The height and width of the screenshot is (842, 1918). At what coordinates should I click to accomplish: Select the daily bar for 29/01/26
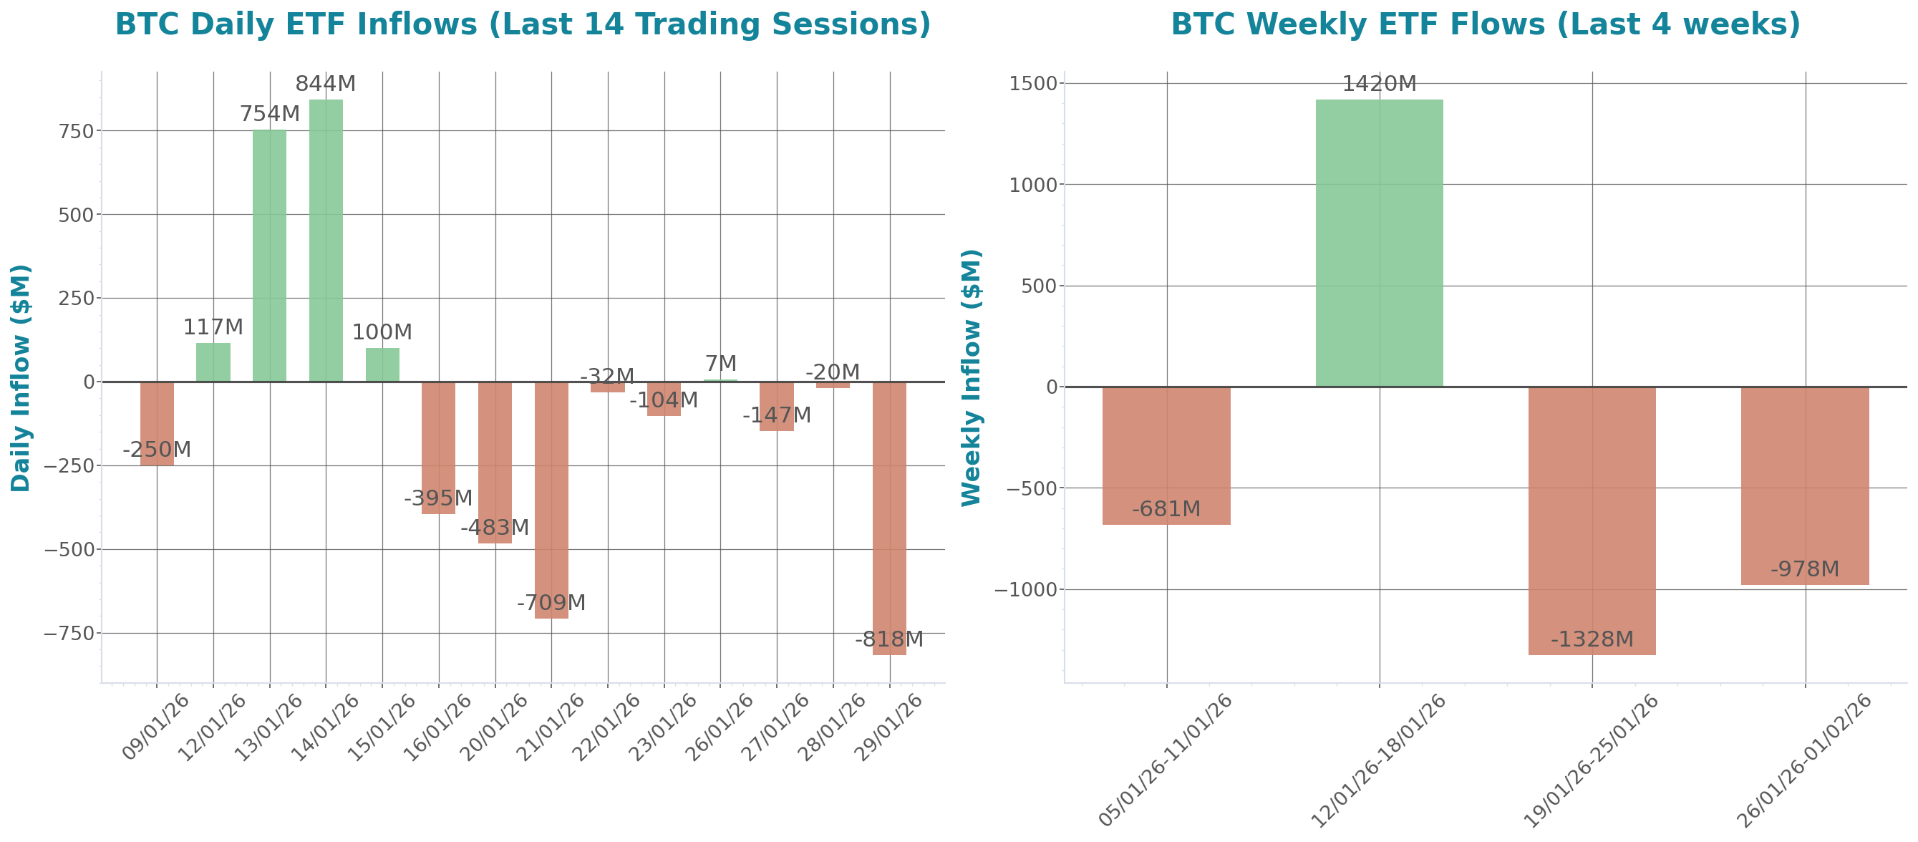click(889, 518)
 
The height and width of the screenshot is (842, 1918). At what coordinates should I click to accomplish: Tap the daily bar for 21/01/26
click(551, 500)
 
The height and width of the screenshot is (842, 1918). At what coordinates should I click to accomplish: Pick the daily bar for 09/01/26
click(157, 424)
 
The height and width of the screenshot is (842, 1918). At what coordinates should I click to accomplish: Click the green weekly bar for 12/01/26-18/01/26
click(1379, 243)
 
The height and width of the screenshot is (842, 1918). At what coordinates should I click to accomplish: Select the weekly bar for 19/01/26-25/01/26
click(1592, 521)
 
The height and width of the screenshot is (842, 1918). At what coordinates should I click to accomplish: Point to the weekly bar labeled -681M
click(1166, 455)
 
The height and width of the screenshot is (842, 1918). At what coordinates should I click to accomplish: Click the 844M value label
click(325, 84)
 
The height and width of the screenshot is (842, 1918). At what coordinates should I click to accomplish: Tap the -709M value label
click(551, 602)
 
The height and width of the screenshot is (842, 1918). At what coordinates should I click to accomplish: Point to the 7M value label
click(721, 363)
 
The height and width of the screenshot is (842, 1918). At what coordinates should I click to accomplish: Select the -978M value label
click(1805, 569)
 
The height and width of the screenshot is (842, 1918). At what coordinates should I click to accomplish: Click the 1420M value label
click(1379, 84)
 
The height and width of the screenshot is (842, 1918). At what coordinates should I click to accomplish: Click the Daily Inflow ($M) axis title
click(21, 377)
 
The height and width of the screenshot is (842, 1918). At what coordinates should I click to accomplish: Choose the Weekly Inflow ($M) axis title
click(972, 377)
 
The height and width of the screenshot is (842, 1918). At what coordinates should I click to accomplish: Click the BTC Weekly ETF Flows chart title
click(1486, 24)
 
